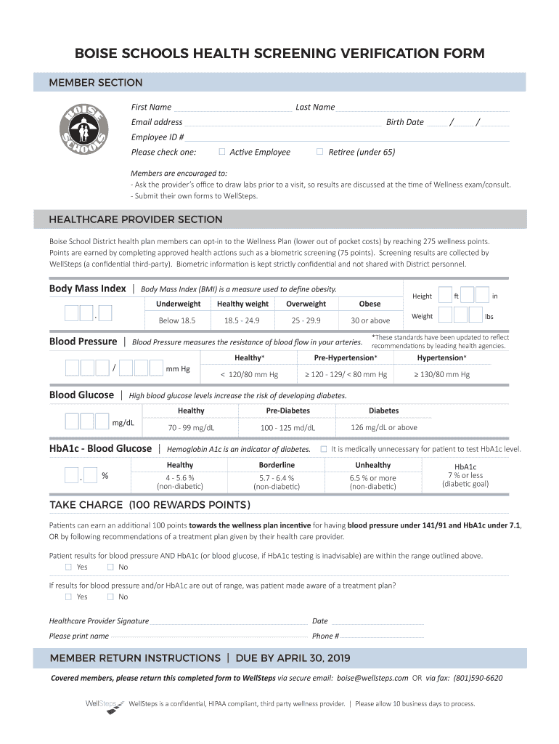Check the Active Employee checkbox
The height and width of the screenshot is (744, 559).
pos(222,152)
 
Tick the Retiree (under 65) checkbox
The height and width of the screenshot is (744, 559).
pos(319,152)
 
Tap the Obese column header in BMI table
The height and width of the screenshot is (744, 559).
pos(370,304)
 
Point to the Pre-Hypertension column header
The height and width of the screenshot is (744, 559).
pos(346,358)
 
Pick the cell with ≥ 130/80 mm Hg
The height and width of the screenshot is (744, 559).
pos(441,375)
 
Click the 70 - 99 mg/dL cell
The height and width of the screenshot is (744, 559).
pos(191,428)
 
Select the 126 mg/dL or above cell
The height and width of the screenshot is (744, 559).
pos(383,428)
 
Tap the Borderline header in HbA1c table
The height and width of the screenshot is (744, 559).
pos(277,465)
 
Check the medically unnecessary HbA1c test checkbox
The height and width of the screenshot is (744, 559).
pos(324,449)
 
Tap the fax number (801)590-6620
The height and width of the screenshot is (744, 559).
pos(478,678)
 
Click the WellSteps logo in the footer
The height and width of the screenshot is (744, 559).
pos(101,705)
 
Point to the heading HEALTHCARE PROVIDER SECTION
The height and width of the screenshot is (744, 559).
pos(136,219)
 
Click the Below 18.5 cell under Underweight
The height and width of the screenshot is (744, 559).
pos(177,320)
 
